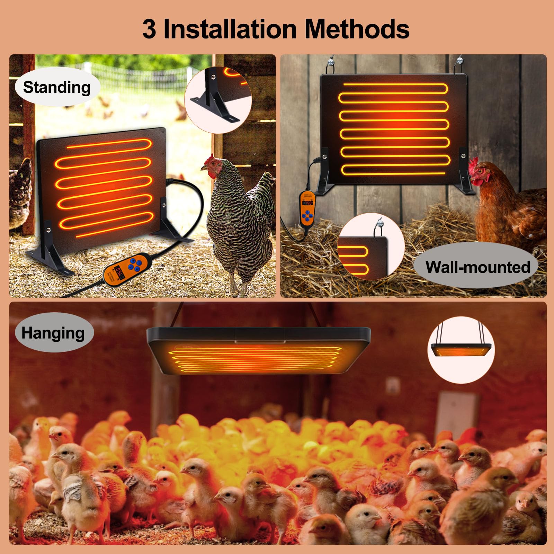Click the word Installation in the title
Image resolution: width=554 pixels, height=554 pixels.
click(x=230, y=29)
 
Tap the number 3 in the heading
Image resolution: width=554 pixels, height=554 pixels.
click(x=149, y=30)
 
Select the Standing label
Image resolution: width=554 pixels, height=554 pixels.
click(x=57, y=87)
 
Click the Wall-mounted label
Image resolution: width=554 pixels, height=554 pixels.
click(x=477, y=267)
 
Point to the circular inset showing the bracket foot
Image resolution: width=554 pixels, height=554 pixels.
click(x=218, y=99)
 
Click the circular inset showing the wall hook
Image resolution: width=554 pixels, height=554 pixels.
click(x=371, y=247)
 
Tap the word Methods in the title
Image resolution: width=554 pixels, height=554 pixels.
click(x=357, y=29)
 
